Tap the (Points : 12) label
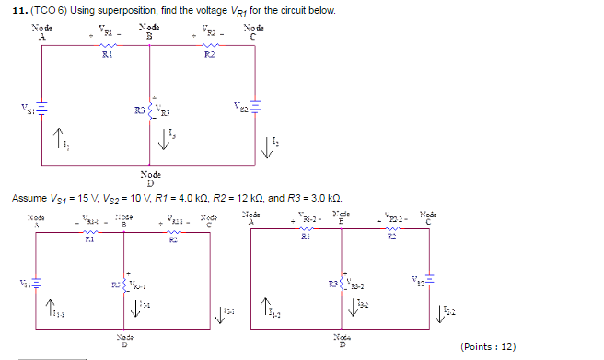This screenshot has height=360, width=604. [x=487, y=346]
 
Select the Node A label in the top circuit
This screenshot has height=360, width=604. [x=42, y=32]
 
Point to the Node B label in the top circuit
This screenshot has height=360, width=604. [x=148, y=32]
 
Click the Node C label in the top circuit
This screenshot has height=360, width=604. [x=253, y=32]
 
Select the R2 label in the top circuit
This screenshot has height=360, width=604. [x=210, y=57]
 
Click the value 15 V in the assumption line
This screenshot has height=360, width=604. [x=87, y=199]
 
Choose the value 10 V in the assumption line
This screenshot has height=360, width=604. [x=143, y=199]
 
